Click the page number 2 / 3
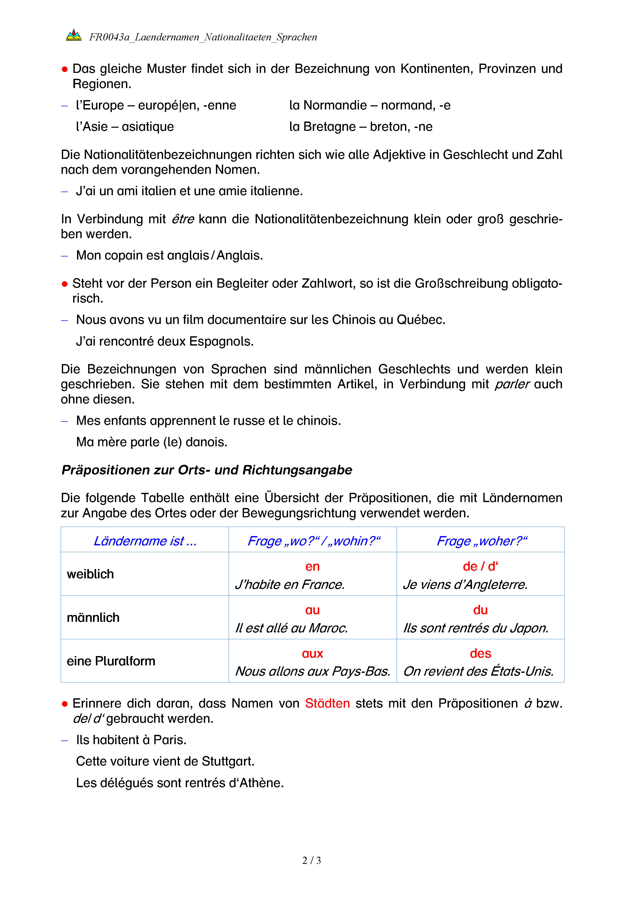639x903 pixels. [x=311, y=860]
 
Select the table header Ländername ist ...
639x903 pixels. [x=145, y=541]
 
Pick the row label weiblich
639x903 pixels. [x=90, y=574]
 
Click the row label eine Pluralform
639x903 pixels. [x=111, y=661]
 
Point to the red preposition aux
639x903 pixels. [x=313, y=653]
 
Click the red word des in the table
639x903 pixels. [x=481, y=653]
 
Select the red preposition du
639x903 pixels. [x=481, y=610]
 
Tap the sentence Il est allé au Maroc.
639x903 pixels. [x=292, y=628]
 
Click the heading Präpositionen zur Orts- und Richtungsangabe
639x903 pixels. [x=207, y=470]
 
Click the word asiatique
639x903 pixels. [x=148, y=127]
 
